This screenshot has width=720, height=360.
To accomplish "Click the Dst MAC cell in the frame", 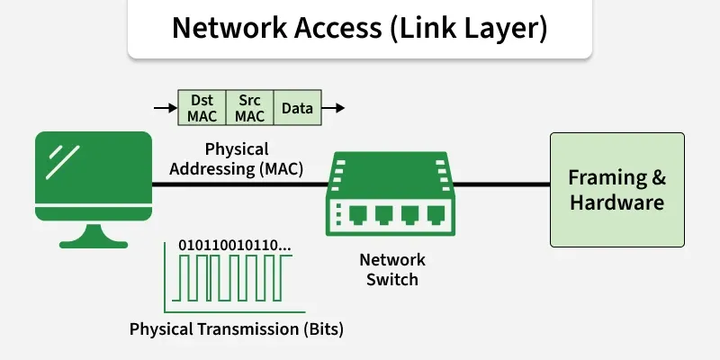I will pos(202,108).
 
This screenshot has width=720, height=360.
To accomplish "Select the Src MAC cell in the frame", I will pos(249,108).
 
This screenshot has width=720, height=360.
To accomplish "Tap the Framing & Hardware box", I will pos(616,190).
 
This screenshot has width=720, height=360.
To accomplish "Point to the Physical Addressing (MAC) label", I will pos(237,158).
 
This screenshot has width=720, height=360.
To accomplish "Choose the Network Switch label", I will pos(392,269).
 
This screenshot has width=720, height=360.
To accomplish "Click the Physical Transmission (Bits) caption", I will pos(237,328).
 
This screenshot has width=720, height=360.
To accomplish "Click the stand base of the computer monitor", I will pos(94,240).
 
